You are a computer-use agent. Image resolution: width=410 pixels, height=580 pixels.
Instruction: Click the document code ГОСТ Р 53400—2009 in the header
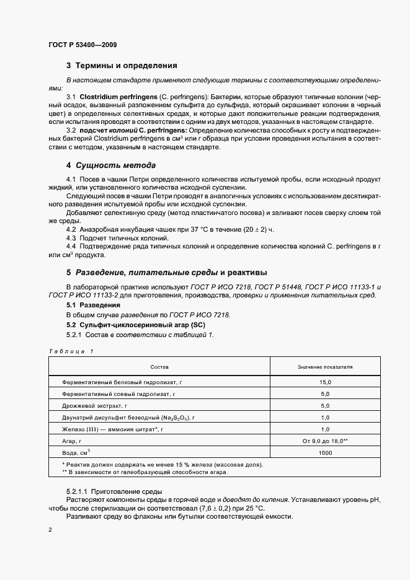point(82,45)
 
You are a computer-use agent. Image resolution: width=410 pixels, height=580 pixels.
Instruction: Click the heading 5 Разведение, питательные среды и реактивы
point(167,272)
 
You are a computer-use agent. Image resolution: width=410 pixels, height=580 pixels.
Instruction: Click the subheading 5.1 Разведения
point(93,305)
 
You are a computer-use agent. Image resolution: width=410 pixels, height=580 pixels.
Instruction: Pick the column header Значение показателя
point(325,367)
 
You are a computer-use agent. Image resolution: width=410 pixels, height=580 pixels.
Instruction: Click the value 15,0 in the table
point(325,383)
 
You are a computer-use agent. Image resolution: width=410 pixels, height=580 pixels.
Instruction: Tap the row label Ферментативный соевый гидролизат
point(117,394)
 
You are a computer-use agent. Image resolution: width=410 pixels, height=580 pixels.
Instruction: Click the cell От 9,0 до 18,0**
point(325,441)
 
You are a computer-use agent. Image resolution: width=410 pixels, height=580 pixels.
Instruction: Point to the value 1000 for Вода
point(325,453)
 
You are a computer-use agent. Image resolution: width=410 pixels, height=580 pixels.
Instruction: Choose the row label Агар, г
point(73,441)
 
